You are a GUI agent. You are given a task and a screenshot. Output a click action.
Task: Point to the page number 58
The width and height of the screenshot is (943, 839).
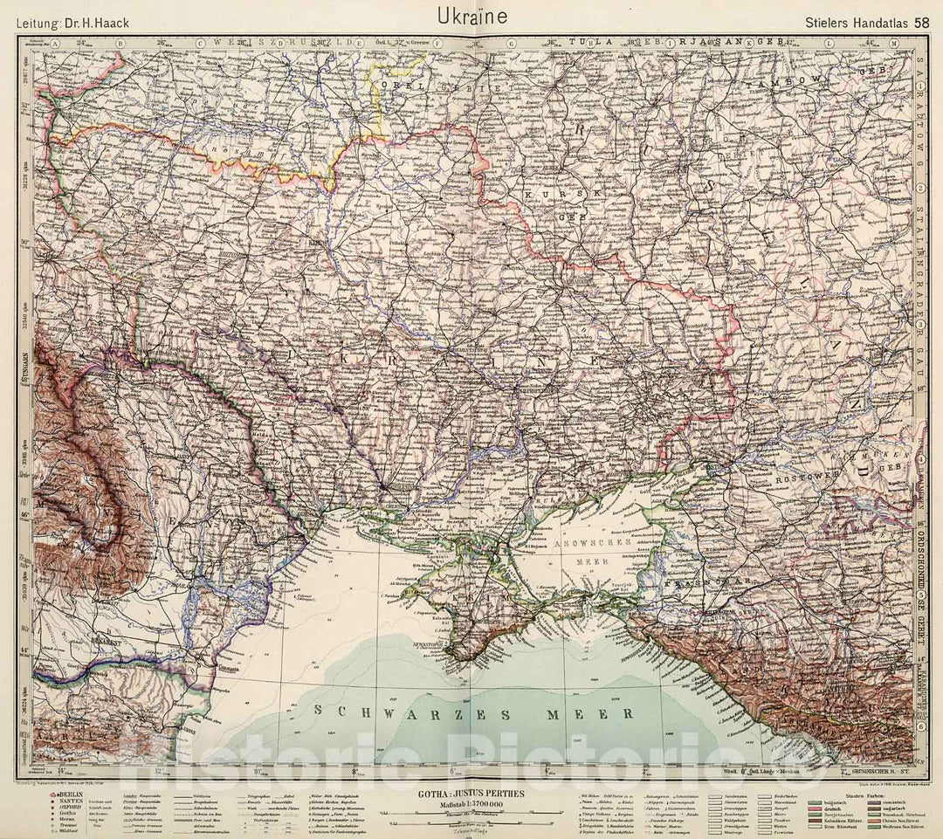tap(920, 24)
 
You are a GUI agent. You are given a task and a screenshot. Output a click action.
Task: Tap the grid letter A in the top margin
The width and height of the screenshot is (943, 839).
tap(53, 43)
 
